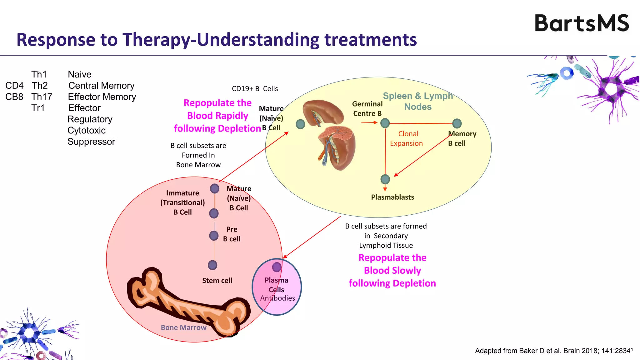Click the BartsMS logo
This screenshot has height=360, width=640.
click(582, 23)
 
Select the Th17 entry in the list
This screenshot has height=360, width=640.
click(42, 97)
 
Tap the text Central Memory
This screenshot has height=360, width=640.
click(101, 86)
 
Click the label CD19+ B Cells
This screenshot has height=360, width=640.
click(255, 89)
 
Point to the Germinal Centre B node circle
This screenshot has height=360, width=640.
click(385, 123)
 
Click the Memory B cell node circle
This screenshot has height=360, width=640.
click(457, 123)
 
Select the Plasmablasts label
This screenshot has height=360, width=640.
click(392, 197)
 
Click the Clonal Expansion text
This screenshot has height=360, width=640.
click(407, 138)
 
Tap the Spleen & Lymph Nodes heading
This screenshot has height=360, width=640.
click(418, 101)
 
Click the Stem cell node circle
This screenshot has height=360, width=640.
click(212, 265)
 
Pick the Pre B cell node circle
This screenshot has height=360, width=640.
click(214, 236)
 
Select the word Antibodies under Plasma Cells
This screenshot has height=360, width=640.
click(277, 298)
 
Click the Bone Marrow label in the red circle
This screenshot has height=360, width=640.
click(183, 327)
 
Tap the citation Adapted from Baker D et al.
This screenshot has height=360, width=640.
click(553, 351)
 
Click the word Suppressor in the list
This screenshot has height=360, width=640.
click(91, 142)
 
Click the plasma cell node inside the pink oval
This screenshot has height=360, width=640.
click(277, 267)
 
